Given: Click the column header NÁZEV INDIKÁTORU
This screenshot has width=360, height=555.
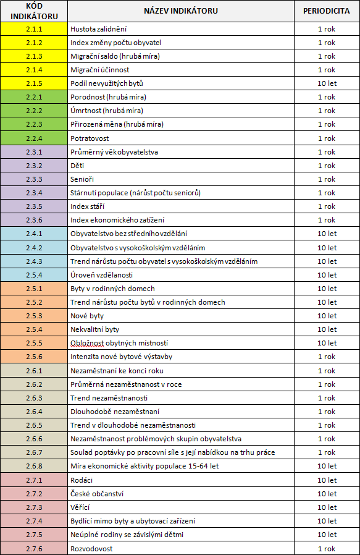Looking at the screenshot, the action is pyautogui.click(x=181, y=11).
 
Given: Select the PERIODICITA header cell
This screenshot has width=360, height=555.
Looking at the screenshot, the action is pyautogui.click(x=327, y=11).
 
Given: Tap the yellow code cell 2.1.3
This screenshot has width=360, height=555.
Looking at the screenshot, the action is pyautogui.click(x=34, y=56).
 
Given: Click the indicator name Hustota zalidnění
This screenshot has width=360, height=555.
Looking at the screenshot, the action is pyautogui.click(x=98, y=29).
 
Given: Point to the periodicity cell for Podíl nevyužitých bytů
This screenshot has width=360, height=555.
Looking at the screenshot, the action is pyautogui.click(x=327, y=83).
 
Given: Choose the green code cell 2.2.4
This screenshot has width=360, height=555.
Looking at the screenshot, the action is pyautogui.click(x=34, y=138).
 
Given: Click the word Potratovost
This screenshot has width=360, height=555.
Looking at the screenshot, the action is pyautogui.click(x=90, y=138).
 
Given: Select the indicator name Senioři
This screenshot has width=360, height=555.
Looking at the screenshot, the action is pyautogui.click(x=82, y=179).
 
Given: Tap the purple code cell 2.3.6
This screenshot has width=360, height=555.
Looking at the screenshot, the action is pyautogui.click(x=34, y=220).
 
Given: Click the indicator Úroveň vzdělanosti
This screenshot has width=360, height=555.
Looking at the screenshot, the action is pyautogui.click(x=101, y=275).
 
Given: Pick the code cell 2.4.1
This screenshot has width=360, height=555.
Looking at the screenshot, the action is pyautogui.click(x=34, y=234).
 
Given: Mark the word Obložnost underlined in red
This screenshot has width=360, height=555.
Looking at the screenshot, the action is pyautogui.click(x=87, y=343).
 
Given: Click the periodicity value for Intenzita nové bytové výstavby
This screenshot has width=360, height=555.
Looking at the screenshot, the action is pyautogui.click(x=327, y=357).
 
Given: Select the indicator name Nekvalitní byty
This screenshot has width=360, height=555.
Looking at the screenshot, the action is pyautogui.click(x=94, y=329).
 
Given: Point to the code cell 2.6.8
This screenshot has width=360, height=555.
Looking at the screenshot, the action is pyautogui.click(x=34, y=466).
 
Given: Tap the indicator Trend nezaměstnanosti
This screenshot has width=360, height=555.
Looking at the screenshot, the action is pyautogui.click(x=109, y=398).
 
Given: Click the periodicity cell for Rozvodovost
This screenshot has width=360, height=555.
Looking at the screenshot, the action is pyautogui.click(x=327, y=549).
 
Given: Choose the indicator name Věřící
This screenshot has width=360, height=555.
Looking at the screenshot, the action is pyautogui.click(x=80, y=507).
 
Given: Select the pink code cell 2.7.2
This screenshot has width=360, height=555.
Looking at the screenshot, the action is pyautogui.click(x=34, y=494).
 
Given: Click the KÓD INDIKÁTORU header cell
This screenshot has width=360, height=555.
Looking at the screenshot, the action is pyautogui.click(x=34, y=11).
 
